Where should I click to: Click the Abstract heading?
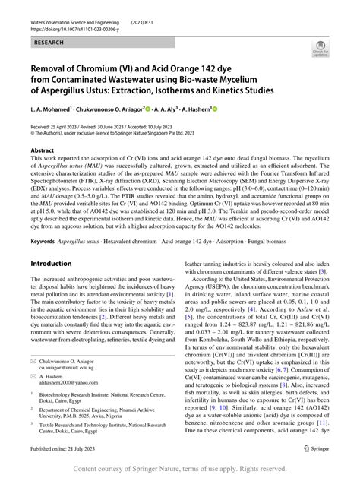pyautogui.click(x=43, y=150)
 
